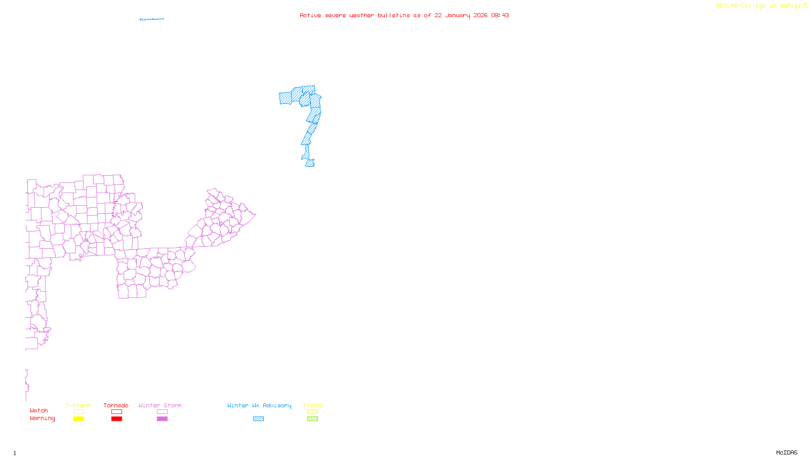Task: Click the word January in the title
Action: click(x=458, y=16)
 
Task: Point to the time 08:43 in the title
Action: click(x=500, y=16)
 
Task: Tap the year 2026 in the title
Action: click(x=480, y=16)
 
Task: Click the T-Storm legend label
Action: click(x=78, y=405)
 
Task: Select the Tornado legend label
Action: click(x=116, y=405)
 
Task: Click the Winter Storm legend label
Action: click(x=160, y=405)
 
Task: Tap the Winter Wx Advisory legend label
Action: click(x=259, y=405)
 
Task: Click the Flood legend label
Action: click(x=312, y=405)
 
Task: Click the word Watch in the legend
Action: click(x=39, y=410)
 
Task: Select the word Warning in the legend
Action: click(x=43, y=419)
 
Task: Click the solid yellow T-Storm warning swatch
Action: click(x=78, y=419)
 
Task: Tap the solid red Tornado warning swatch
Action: click(x=116, y=419)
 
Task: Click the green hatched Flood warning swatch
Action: click(x=312, y=419)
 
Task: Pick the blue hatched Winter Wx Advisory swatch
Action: click(x=258, y=419)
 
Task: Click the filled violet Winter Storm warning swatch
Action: click(x=162, y=419)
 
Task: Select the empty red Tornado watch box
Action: click(x=116, y=412)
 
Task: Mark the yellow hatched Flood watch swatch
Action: click(x=312, y=412)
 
